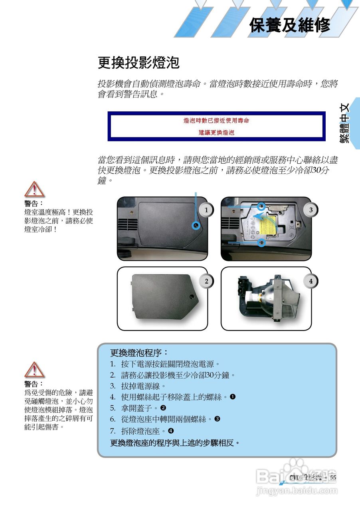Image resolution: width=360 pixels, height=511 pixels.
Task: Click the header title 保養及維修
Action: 290,25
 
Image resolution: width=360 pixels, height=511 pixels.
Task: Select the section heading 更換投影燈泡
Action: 138,63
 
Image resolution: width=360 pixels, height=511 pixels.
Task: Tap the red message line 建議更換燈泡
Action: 216,132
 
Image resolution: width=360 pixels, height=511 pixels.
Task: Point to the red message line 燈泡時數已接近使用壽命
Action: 216,120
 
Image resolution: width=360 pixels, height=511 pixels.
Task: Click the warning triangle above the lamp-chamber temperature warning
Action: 34,189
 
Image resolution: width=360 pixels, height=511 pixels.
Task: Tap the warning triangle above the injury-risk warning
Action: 34,370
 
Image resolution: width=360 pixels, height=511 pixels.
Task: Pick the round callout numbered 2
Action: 206,281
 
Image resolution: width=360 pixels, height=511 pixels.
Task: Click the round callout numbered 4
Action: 311,281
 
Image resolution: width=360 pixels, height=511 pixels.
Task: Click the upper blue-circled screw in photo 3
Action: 261,206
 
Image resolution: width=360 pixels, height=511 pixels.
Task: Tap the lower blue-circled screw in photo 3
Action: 261,242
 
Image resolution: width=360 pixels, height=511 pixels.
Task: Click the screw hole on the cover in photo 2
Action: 192,297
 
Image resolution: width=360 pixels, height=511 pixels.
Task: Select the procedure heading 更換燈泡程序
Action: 139,353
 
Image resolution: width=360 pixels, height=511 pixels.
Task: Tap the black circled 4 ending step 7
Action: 171,431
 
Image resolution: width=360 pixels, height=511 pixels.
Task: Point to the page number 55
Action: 333,477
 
